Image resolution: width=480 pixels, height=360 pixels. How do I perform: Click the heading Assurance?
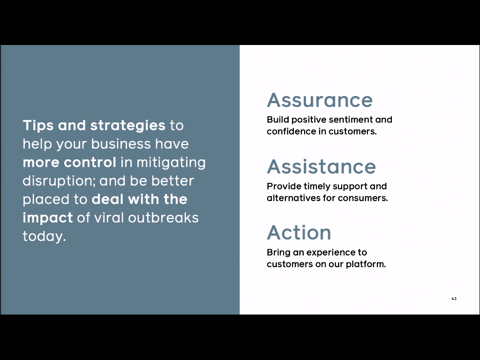[x=320, y=100]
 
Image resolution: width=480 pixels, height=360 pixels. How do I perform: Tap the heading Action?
[x=299, y=232]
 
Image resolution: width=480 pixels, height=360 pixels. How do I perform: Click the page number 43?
[x=454, y=299]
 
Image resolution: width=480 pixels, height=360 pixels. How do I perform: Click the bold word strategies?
[x=127, y=126]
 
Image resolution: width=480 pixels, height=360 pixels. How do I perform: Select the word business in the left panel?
[x=121, y=144]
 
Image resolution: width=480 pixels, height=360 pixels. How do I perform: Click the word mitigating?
[x=171, y=163]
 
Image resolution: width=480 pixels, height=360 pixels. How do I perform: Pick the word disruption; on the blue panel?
[x=60, y=181]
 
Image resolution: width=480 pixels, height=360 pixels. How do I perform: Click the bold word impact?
[x=48, y=218]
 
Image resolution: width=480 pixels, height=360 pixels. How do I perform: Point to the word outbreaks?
[x=163, y=217]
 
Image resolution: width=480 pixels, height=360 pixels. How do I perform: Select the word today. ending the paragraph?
[x=45, y=236]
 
